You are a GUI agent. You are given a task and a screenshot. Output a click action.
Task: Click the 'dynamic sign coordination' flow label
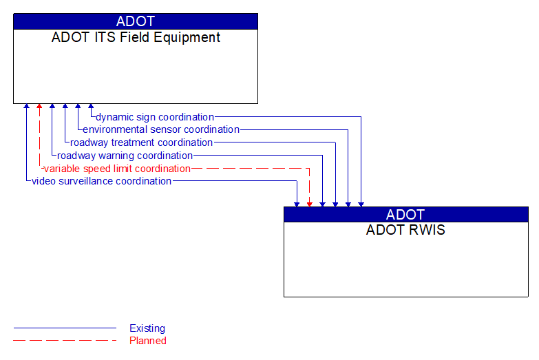click(x=155, y=117)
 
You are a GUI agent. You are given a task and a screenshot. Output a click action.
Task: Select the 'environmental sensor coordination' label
click(x=161, y=129)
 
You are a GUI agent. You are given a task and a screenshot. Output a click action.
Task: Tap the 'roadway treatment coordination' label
click(x=141, y=142)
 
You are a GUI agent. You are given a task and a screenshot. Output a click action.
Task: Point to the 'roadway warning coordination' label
click(x=125, y=156)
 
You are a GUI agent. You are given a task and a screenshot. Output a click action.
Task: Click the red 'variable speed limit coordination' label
click(x=116, y=169)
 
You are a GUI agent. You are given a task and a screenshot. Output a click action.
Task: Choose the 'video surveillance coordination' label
click(x=101, y=181)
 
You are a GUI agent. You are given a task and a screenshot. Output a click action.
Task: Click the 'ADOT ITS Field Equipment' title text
click(x=136, y=38)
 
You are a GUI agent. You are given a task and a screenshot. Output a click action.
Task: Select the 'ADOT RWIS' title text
click(x=405, y=231)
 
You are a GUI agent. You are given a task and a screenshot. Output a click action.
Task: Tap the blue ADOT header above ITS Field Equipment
click(x=136, y=21)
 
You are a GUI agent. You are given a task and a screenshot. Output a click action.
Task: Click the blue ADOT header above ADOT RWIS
click(x=405, y=214)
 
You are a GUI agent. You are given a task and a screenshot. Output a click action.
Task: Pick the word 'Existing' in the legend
click(x=147, y=328)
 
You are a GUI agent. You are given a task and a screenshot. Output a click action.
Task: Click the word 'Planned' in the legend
click(x=148, y=341)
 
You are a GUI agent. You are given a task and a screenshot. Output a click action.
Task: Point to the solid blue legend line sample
click(x=65, y=328)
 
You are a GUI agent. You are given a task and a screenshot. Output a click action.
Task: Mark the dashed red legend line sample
click(x=65, y=341)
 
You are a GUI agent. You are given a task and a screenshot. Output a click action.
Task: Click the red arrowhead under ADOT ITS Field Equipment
click(x=39, y=107)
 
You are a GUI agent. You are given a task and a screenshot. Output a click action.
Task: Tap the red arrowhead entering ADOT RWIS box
click(x=309, y=203)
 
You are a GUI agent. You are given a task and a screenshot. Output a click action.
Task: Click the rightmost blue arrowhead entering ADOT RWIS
click(x=361, y=203)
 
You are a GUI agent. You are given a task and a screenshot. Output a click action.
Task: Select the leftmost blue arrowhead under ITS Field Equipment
click(x=26, y=107)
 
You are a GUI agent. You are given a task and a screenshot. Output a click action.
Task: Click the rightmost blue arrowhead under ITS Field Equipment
click(x=91, y=107)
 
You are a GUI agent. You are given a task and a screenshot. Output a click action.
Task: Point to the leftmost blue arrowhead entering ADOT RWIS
click(x=297, y=203)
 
